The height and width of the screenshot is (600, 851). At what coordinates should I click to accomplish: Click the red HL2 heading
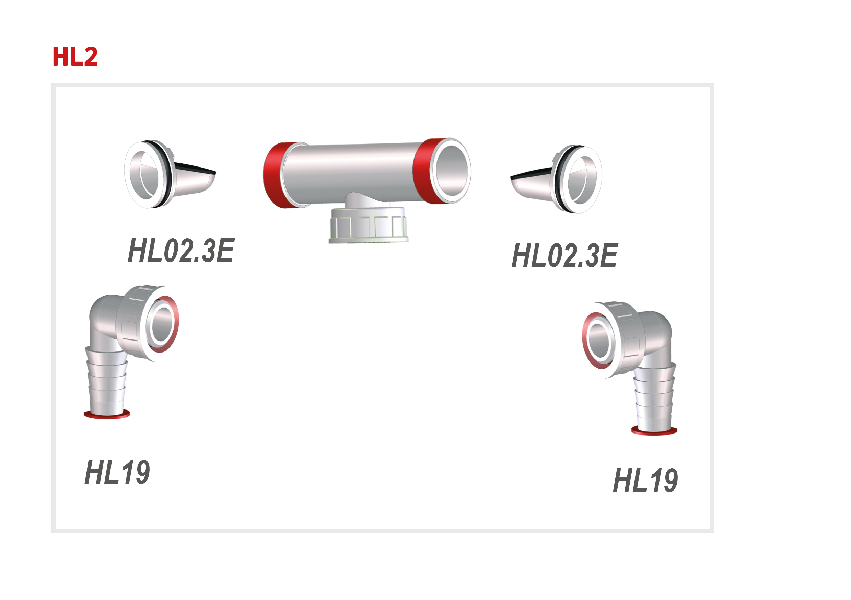pos(75,57)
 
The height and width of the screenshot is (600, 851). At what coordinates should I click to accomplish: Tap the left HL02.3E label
pos(181,251)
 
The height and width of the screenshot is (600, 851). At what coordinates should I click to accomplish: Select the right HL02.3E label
pos(564,255)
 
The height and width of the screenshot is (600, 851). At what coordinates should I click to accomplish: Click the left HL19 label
pos(117,472)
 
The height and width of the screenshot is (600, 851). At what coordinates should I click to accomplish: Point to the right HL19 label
pos(646,481)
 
